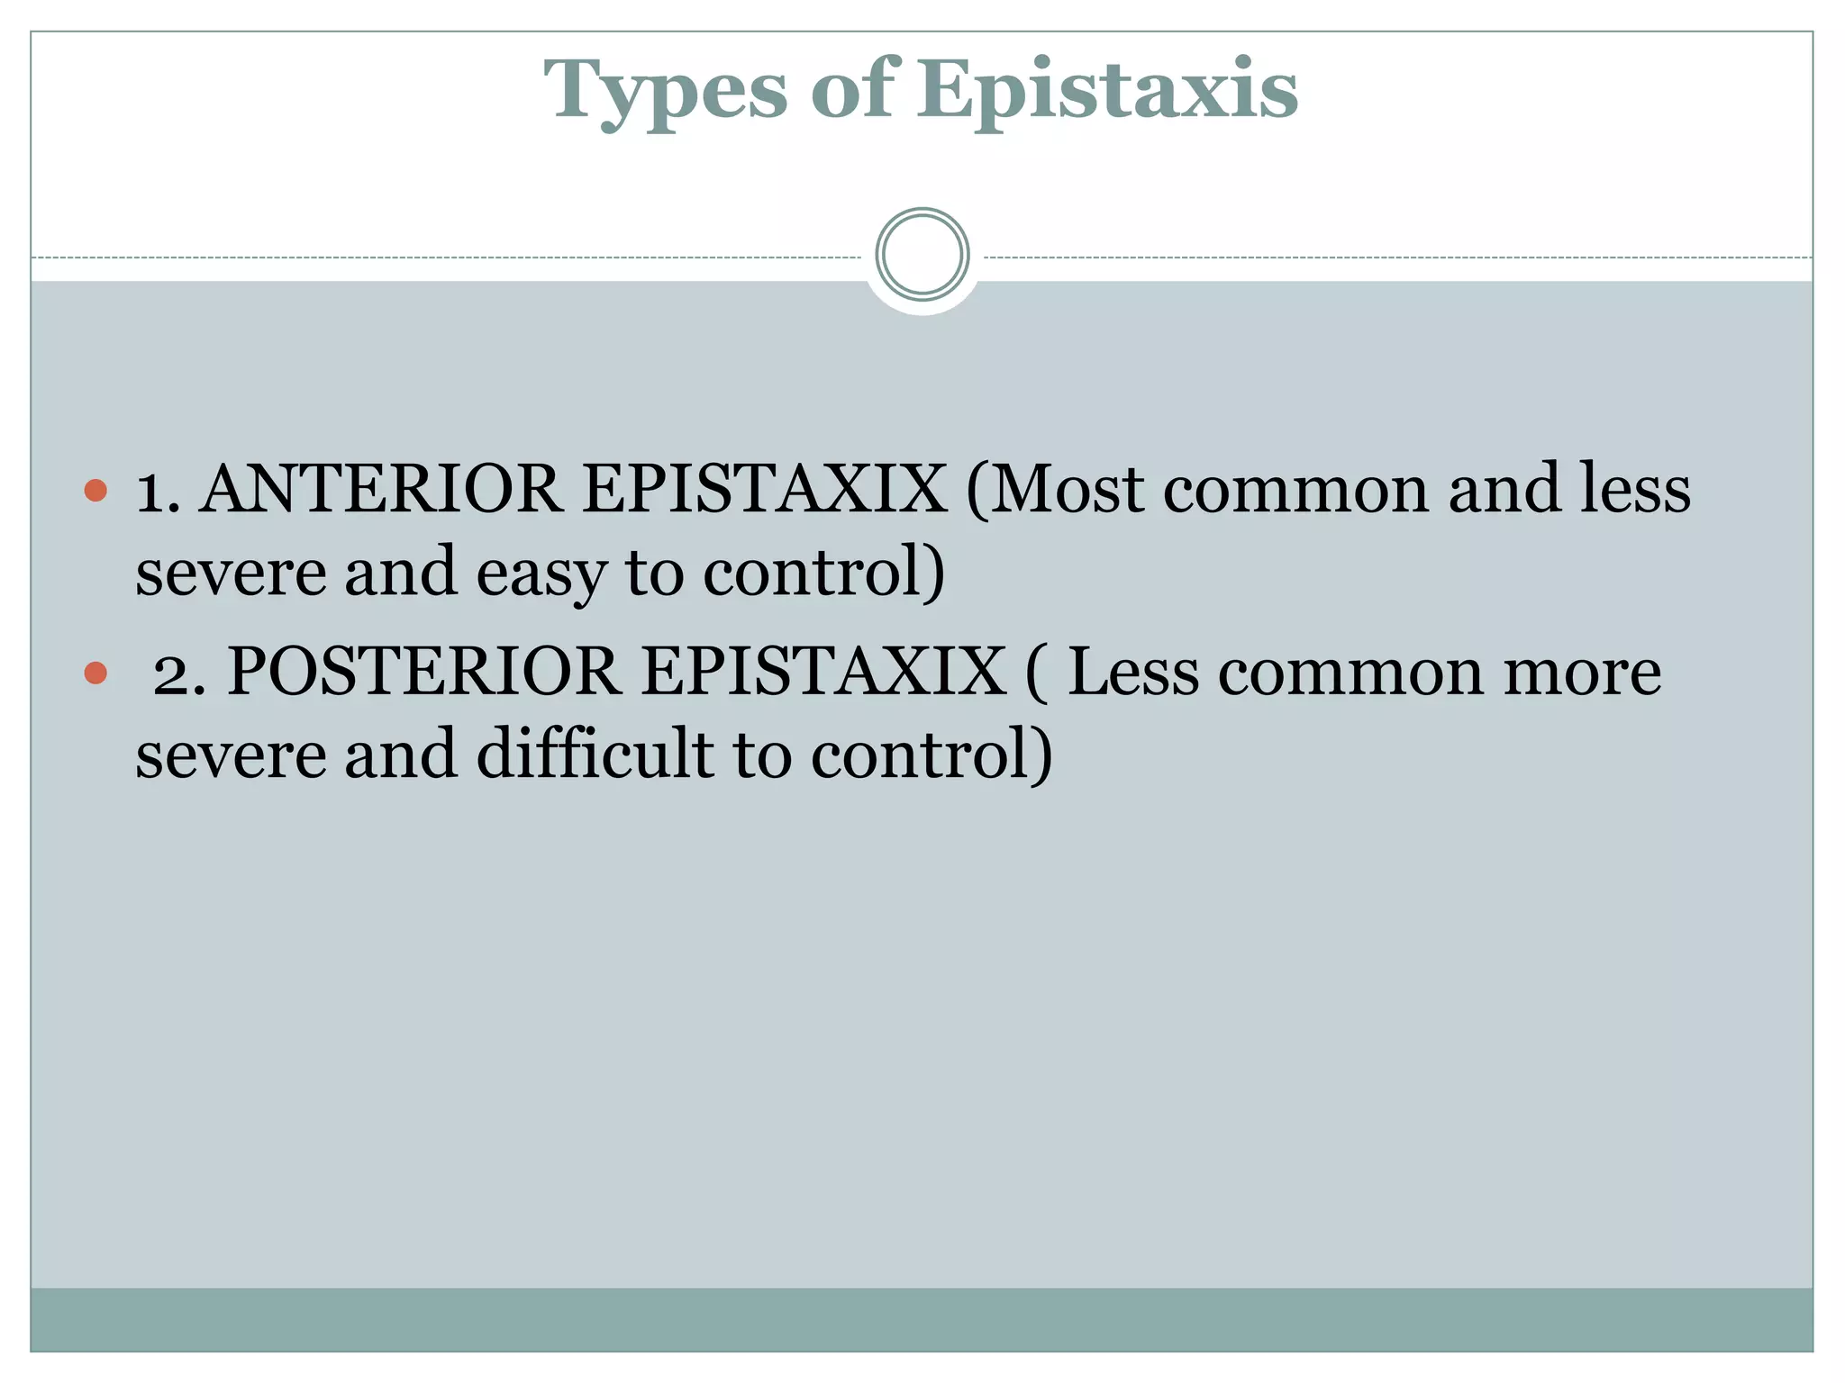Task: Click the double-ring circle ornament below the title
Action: [922, 255]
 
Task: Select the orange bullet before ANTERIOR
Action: [95, 491]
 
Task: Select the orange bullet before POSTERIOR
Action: [95, 673]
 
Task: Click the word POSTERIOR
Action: [423, 673]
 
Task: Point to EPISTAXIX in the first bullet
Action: [764, 491]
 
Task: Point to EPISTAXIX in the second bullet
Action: [823, 673]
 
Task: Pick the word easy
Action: [541, 574]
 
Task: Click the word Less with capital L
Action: [1132, 673]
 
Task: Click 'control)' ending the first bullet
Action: [823, 574]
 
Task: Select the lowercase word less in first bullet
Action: [1635, 491]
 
